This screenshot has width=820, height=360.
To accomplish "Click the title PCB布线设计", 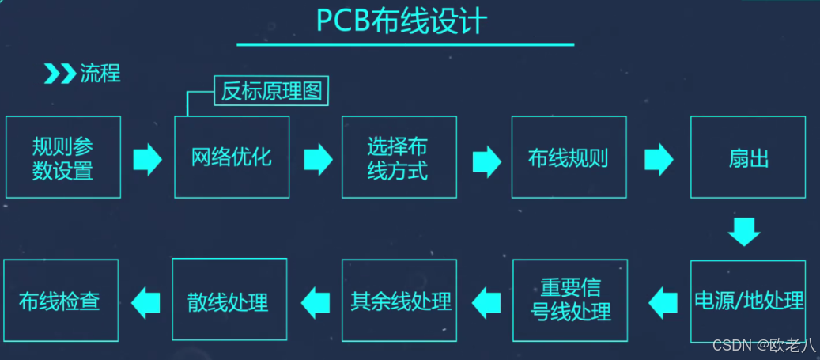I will (402, 21).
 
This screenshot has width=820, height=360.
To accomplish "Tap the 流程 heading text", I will (100, 74).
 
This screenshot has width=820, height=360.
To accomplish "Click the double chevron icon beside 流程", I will (59, 74).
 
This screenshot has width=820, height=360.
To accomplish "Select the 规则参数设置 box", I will (63, 157).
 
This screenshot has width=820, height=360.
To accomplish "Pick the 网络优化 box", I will (232, 157).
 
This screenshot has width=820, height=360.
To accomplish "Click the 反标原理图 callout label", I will (271, 92).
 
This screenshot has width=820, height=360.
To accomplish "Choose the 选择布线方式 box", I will (399, 157).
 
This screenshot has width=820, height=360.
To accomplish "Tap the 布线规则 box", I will (569, 157).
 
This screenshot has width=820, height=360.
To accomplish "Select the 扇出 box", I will (748, 157).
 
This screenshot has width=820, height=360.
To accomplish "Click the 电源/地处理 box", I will (748, 301).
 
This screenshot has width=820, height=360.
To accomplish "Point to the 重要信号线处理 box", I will (569, 301).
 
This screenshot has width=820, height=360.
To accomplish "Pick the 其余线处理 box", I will (399, 301).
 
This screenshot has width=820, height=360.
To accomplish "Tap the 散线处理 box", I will (230, 301).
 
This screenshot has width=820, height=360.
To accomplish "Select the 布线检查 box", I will (60, 301).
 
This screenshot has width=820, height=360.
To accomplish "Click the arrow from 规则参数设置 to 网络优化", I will (147, 159).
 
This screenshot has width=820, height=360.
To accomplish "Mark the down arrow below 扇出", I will (744, 230).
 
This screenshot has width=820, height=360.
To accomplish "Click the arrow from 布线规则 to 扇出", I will (659, 159).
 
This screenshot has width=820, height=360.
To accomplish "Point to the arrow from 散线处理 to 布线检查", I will (145, 301).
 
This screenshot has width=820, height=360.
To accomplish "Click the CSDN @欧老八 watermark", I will (764, 345).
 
